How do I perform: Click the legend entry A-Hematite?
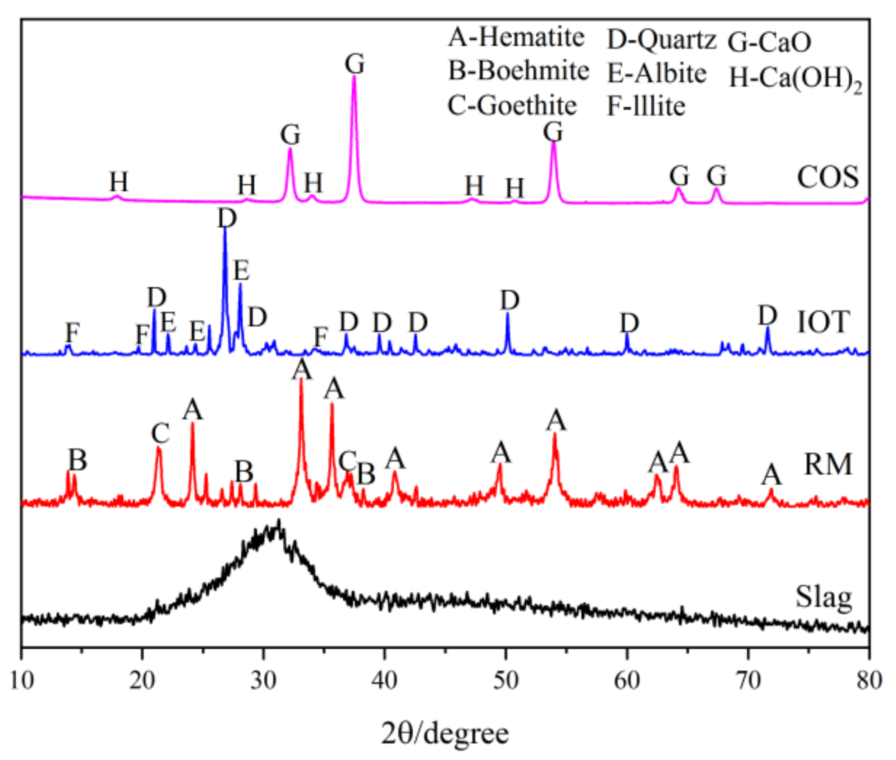516,37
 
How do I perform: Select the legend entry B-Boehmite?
518,71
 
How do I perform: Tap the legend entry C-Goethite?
512,106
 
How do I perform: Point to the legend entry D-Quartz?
661,40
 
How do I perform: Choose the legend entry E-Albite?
657,74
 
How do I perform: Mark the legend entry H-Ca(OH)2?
795,79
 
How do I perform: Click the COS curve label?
828,177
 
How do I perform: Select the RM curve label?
828,464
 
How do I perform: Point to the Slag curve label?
823,597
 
